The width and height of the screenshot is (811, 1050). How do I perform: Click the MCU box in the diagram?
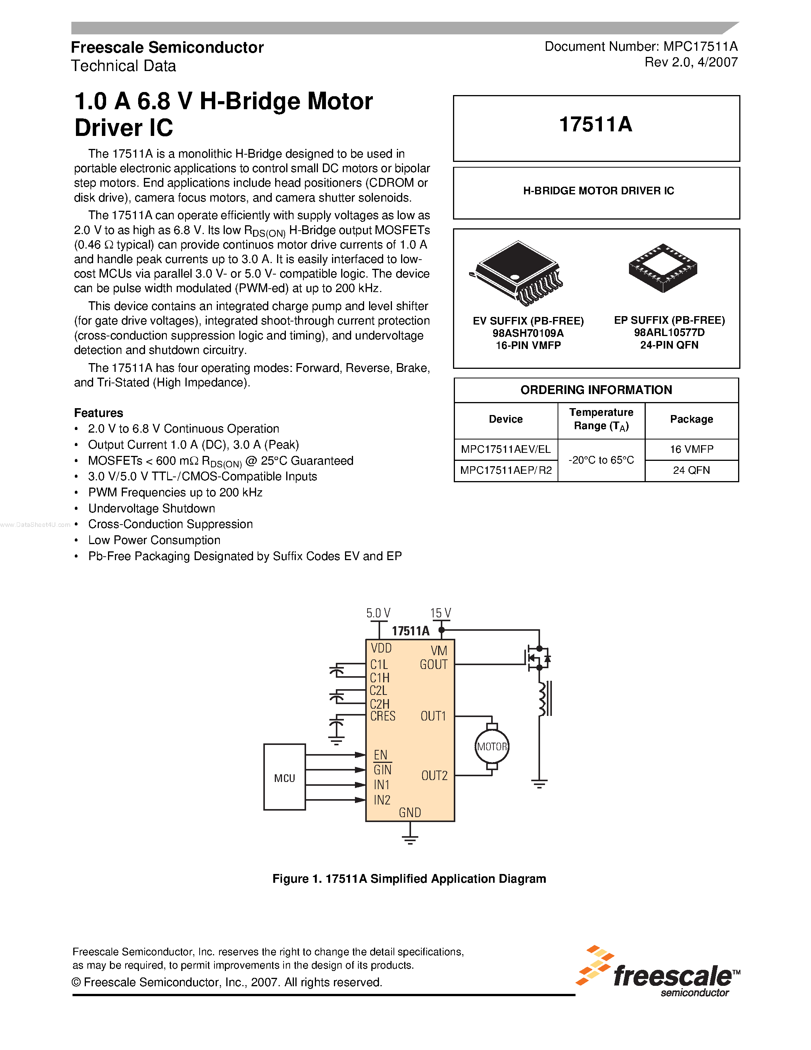pyautogui.click(x=284, y=777)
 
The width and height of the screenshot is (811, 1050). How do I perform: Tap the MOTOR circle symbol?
pyautogui.click(x=492, y=746)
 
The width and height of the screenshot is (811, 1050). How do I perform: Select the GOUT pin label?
pyautogui.click(x=434, y=664)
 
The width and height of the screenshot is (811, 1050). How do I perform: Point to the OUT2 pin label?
pyautogui.click(x=434, y=775)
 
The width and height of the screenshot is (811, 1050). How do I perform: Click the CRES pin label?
pyautogui.click(x=383, y=716)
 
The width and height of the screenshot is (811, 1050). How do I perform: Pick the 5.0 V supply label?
pyautogui.click(x=378, y=613)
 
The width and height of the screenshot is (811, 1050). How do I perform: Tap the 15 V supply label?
pyautogui.click(x=440, y=613)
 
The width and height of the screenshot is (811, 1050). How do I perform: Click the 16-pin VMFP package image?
pyautogui.click(x=516, y=273)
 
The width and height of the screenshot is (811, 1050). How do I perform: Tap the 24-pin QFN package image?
pyautogui.click(x=663, y=268)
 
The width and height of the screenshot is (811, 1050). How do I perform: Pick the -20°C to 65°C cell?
pyautogui.click(x=601, y=460)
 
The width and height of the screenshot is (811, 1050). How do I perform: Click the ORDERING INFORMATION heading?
pyautogui.click(x=596, y=390)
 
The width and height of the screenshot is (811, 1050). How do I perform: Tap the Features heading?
pyautogui.click(x=98, y=413)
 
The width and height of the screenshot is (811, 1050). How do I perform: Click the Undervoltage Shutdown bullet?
pyautogui.click(x=152, y=508)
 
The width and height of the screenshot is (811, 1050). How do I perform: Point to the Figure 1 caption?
pyautogui.click(x=409, y=879)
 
